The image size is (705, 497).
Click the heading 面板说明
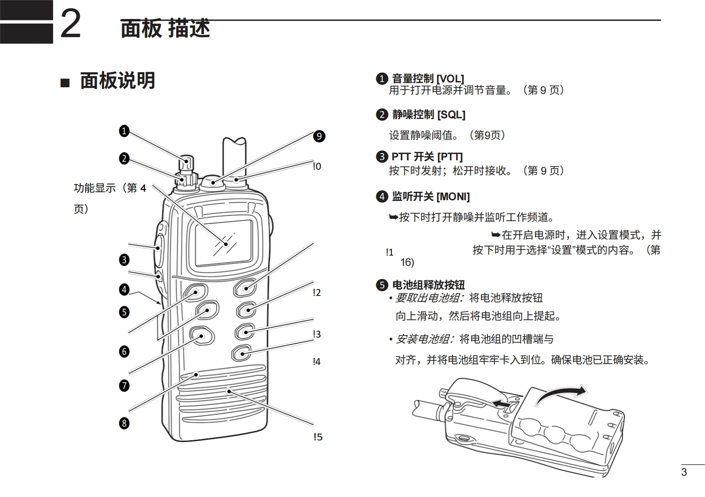117,81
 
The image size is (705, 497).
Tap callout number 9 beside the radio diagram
319,136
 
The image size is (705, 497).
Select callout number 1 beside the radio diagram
124,131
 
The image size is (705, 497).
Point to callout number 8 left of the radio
124,423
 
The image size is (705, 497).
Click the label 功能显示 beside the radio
94,188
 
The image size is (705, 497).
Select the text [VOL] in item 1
450,79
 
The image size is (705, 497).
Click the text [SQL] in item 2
451,115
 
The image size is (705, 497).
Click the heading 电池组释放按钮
428,285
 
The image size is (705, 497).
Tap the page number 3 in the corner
684,472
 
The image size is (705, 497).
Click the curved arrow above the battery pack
560,394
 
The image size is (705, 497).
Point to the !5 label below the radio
318,437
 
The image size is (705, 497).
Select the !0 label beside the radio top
317,167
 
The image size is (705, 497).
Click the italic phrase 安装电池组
424,339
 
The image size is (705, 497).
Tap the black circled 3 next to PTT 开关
382,156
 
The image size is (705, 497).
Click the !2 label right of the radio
317,292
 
